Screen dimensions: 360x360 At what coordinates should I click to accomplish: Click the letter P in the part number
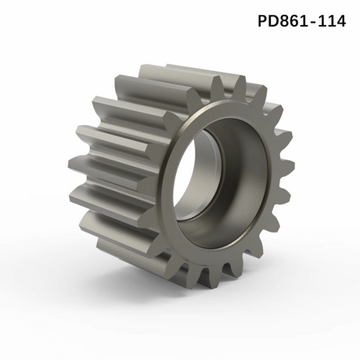click(x=264, y=21)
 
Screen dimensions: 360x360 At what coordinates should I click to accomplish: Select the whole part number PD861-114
click(x=301, y=21)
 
